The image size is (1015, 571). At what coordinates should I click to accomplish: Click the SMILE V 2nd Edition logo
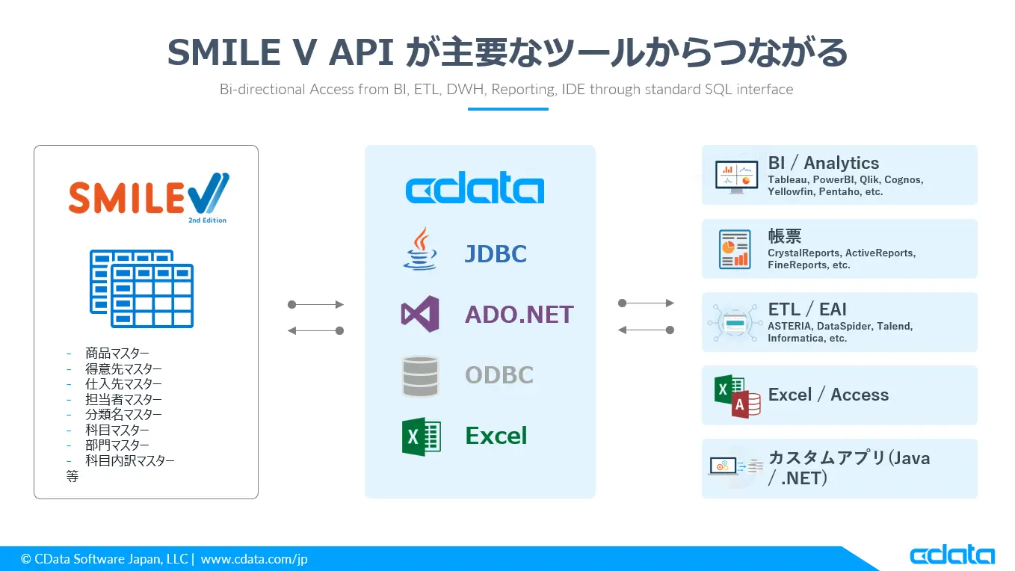[x=149, y=197]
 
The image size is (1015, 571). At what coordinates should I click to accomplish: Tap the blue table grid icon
[x=141, y=288]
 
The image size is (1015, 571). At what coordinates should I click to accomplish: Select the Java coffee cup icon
[x=420, y=249]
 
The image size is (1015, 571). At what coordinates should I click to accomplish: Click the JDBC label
[x=496, y=254]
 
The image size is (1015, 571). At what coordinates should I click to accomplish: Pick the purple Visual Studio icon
[x=420, y=314]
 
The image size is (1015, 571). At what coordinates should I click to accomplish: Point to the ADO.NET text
[x=519, y=315]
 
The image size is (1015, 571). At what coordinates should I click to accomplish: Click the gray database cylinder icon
[x=420, y=376]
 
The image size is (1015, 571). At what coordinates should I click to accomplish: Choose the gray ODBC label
[x=499, y=375]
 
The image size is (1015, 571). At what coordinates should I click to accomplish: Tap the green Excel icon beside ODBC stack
[x=421, y=436]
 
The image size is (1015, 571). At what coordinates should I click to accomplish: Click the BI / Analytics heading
[x=824, y=163]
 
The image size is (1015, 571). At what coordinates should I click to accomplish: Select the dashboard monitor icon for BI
[x=736, y=177]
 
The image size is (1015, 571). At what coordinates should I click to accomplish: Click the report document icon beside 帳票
[x=735, y=249]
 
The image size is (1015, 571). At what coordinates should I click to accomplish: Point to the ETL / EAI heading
[x=807, y=309]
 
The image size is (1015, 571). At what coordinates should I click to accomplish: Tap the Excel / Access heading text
[x=828, y=395]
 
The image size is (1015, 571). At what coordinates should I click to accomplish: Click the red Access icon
[x=746, y=404]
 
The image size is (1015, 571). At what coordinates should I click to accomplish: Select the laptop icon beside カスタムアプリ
[x=723, y=466]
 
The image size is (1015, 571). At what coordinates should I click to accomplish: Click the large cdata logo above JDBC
[x=475, y=188]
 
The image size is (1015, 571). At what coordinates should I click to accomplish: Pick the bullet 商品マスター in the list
[x=117, y=353]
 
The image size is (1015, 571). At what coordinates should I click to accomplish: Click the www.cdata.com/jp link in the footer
[x=254, y=559]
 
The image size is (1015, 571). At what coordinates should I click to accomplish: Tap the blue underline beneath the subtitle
[x=508, y=109]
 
